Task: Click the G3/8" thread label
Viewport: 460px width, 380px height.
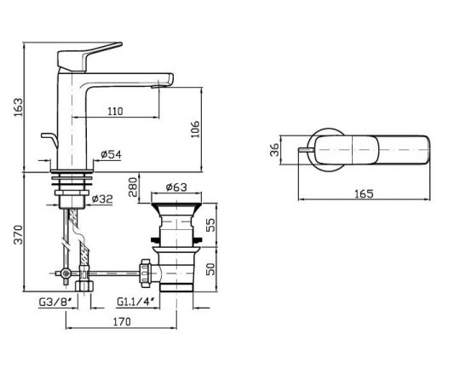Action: [x=53, y=302]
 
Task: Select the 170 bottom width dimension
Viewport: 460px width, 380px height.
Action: [x=121, y=323]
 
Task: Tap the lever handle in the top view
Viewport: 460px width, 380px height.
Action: [x=379, y=150]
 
